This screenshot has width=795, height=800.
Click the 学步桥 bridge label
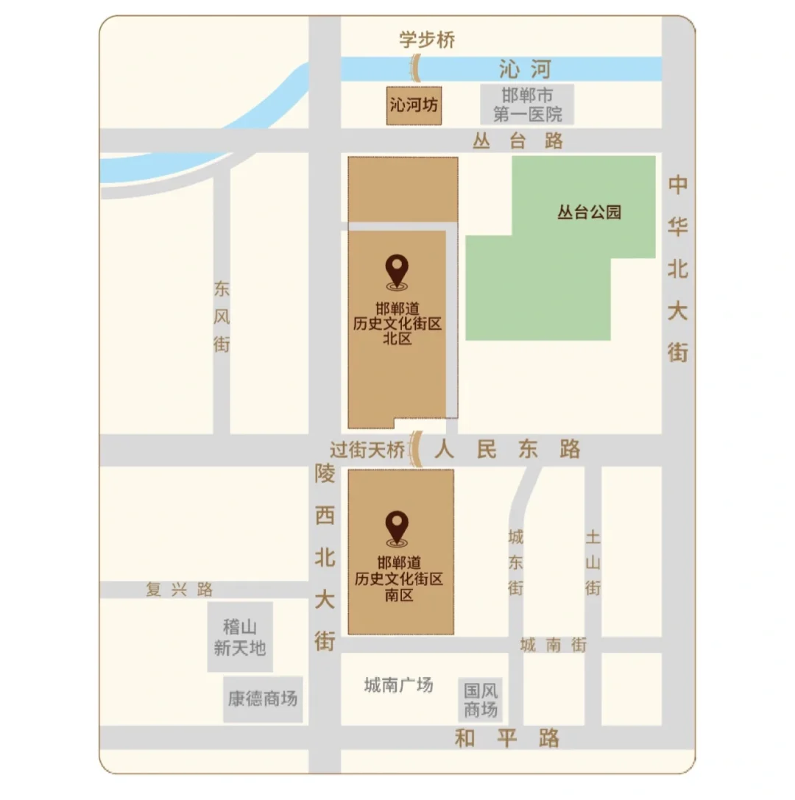(x=427, y=40)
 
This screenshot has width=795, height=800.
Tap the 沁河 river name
(x=524, y=70)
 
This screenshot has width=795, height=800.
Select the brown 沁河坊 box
(x=414, y=106)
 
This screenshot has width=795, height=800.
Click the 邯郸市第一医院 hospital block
(x=527, y=105)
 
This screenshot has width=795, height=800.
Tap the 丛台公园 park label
(x=589, y=213)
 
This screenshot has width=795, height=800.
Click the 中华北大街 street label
(x=677, y=269)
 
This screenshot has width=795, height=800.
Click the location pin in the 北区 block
(x=398, y=271)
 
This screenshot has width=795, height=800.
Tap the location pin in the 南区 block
(x=397, y=528)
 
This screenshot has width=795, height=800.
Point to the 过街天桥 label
(x=367, y=448)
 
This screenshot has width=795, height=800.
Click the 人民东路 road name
(x=507, y=449)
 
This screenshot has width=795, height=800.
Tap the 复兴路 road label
(x=180, y=590)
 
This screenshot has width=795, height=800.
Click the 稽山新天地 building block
(x=240, y=637)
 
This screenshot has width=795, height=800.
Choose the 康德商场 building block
(x=263, y=698)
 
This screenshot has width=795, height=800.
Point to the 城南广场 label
(x=398, y=685)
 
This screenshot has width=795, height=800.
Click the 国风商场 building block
(x=481, y=700)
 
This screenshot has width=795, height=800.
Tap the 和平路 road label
(x=507, y=738)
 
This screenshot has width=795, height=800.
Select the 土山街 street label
(x=593, y=563)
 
